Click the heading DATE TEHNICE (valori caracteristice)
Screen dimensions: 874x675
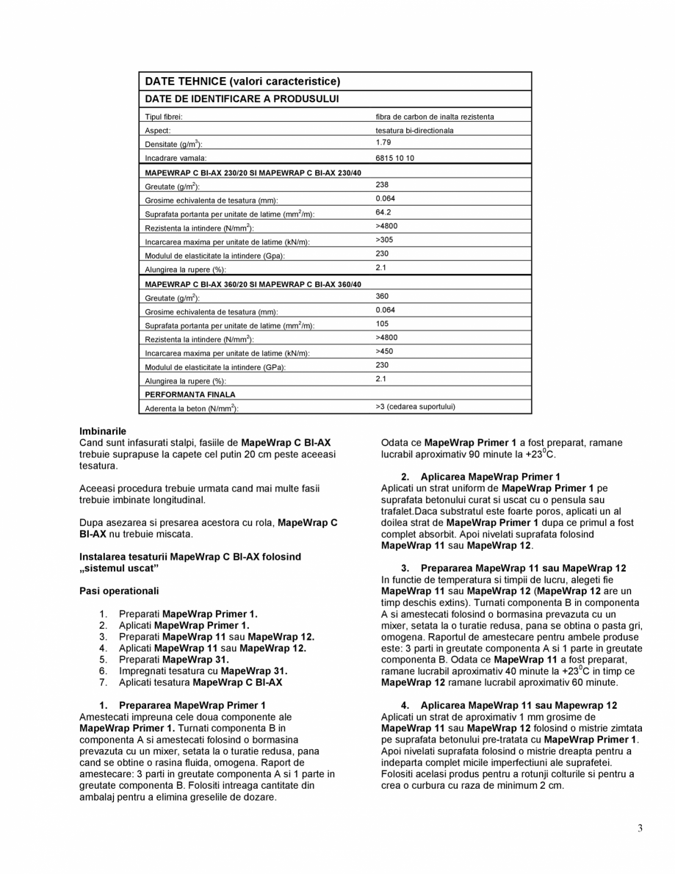242,82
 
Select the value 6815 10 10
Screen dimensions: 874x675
394,158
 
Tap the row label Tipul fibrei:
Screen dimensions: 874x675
164,117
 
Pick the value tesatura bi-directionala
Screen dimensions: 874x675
414,131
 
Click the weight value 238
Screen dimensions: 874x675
382,185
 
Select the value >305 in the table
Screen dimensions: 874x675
384,240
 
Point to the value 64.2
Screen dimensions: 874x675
383,212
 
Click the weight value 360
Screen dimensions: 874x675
382,297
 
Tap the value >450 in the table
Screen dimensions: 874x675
384,352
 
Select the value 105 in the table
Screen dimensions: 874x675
382,324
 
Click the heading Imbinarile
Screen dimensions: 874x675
103,431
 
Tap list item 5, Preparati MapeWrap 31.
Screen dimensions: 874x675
173,660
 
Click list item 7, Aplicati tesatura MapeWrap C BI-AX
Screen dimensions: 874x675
200,682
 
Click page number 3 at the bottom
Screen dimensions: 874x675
640,828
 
